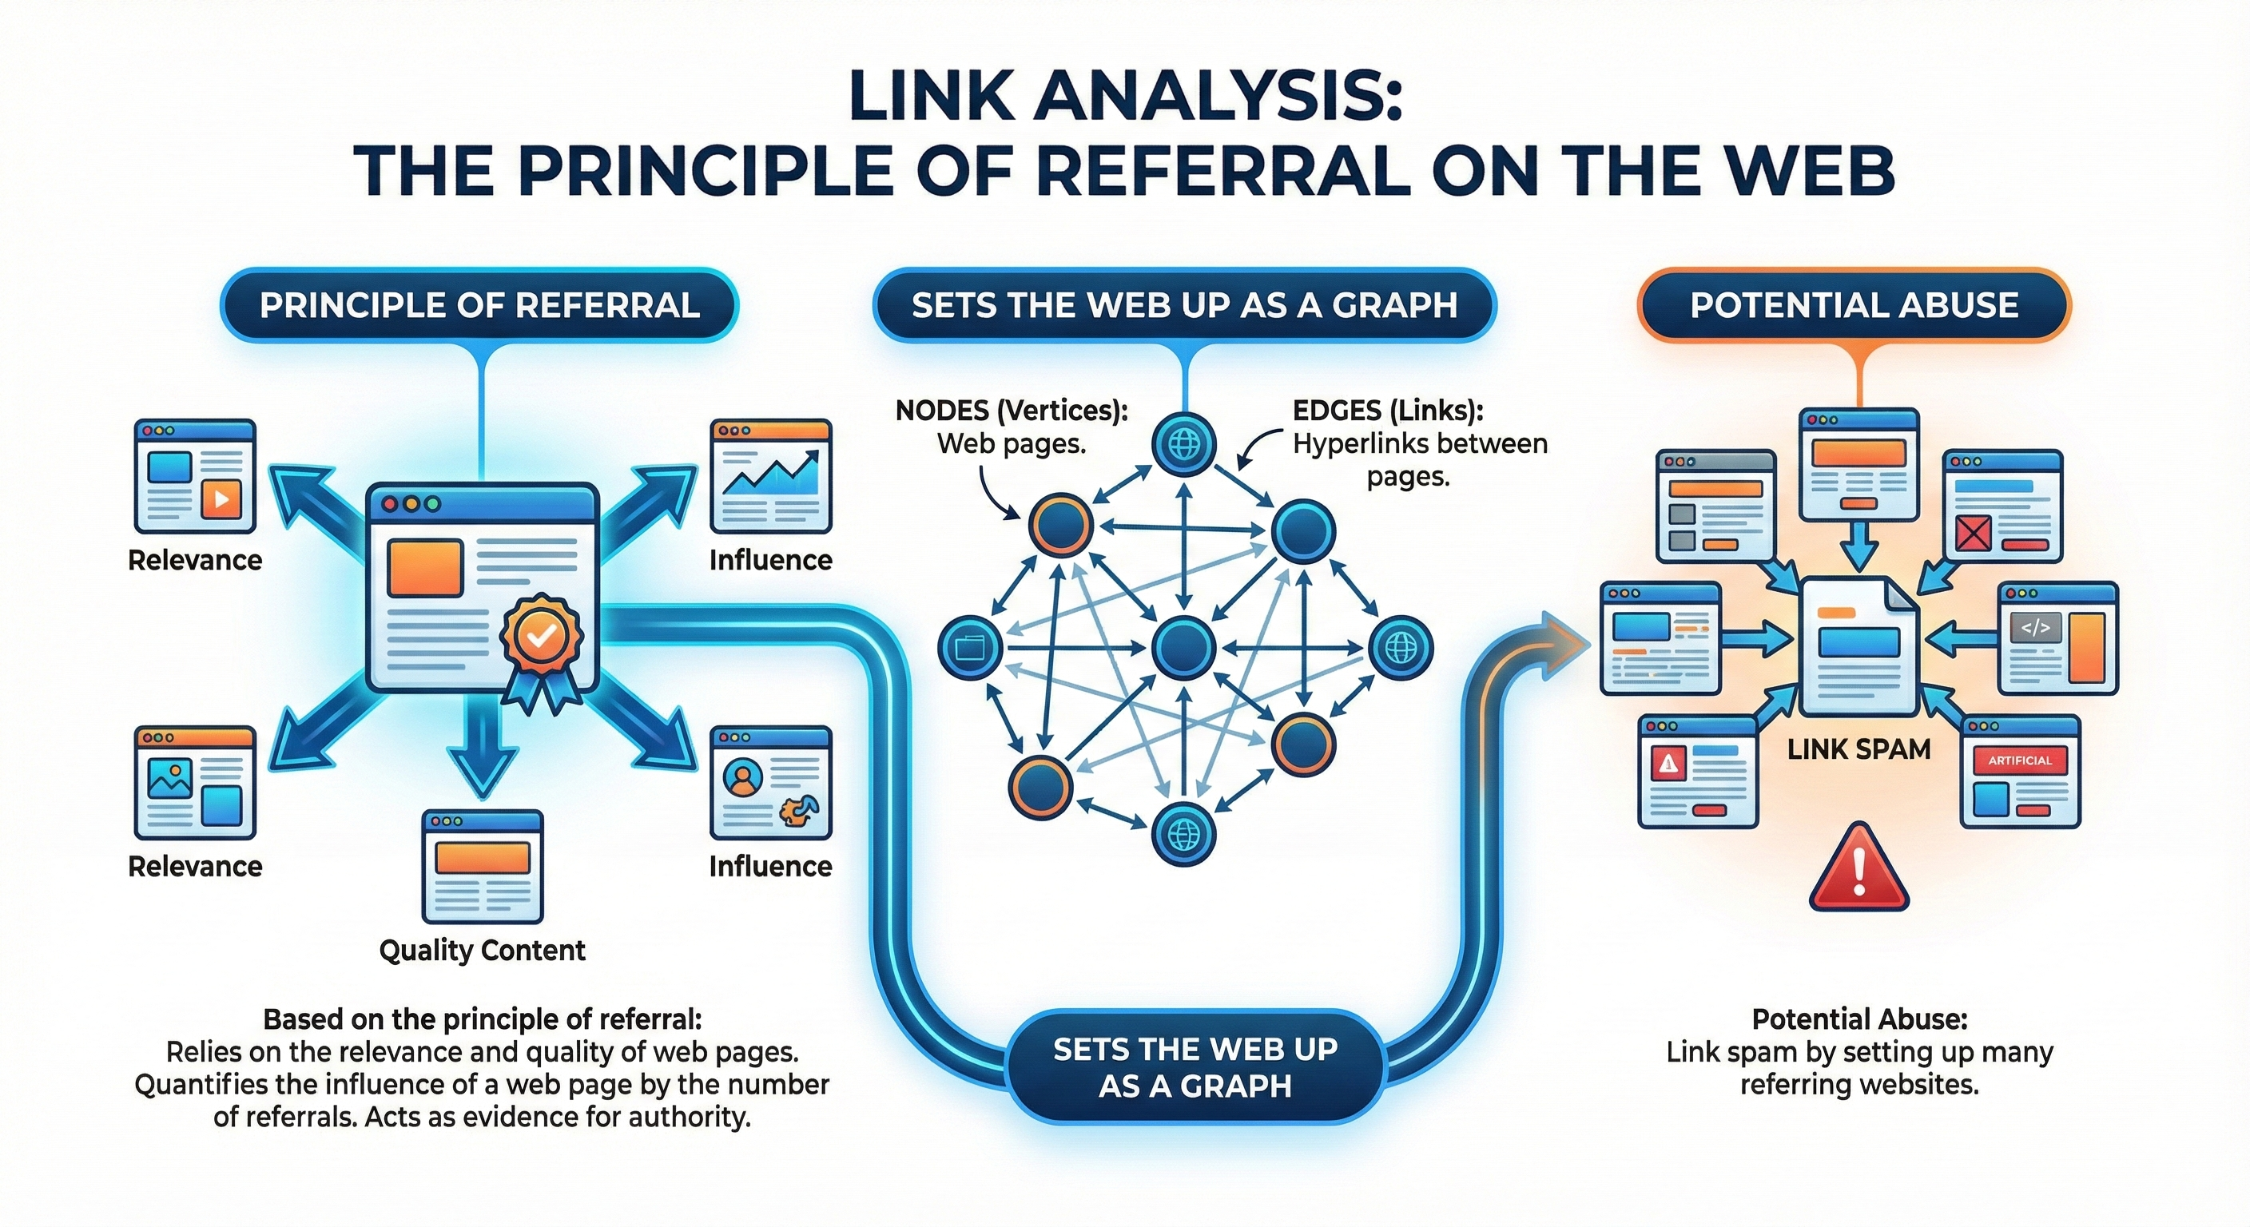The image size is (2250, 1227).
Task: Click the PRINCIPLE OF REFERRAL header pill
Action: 479,305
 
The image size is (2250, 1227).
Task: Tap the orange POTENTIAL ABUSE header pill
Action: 1854,305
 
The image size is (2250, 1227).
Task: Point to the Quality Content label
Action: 482,949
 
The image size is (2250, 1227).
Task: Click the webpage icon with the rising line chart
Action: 770,477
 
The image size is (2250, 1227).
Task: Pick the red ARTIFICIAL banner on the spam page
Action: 2019,760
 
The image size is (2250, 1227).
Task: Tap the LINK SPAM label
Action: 1858,749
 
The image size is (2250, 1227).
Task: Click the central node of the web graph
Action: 1183,647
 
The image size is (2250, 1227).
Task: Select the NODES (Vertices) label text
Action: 1012,411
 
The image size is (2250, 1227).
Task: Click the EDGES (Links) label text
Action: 1388,411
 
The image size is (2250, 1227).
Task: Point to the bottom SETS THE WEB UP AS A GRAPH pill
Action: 1195,1066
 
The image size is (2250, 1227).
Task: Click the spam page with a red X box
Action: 2003,506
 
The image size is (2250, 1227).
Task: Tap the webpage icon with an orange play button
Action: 195,477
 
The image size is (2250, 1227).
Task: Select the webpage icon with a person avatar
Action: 770,783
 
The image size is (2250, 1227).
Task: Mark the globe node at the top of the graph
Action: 1183,443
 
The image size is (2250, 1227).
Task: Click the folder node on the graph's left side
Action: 969,647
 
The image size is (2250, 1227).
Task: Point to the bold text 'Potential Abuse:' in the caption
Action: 1858,1019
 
